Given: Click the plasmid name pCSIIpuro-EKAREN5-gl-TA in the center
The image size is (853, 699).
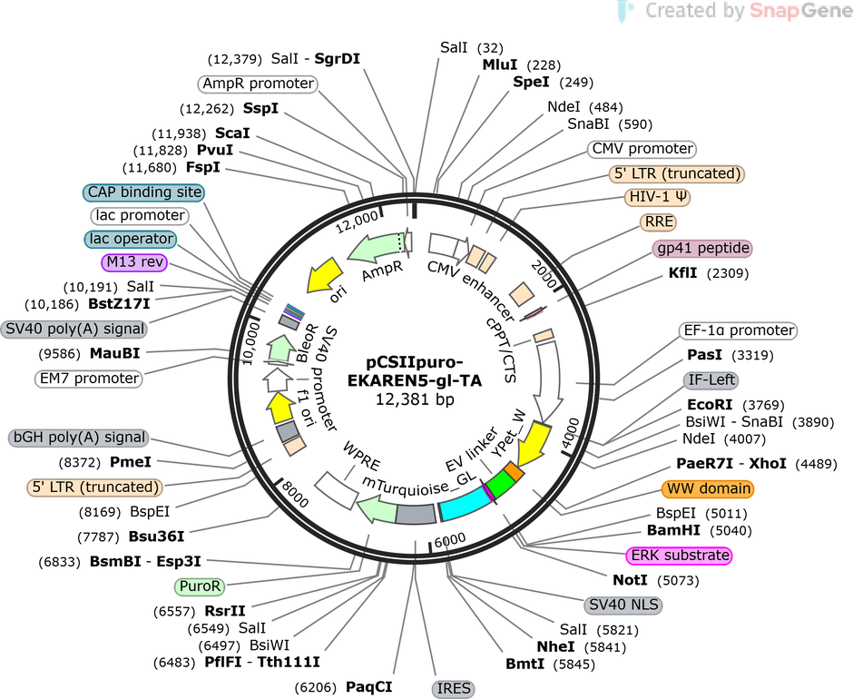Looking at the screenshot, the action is tap(415, 370).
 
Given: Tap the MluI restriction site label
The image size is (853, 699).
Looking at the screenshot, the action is tap(500, 64).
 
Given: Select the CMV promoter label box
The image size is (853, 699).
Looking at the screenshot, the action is tap(642, 149).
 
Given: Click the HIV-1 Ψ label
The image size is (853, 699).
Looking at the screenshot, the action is tap(657, 196).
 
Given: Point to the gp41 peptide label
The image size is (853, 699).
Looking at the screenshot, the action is tap(703, 248).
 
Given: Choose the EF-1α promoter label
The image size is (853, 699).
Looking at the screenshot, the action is tap(738, 330).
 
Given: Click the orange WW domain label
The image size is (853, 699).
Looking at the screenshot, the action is tap(708, 489).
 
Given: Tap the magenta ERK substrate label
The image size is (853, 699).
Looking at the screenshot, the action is tap(680, 556).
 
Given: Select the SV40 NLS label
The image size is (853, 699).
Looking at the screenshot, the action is tap(623, 605).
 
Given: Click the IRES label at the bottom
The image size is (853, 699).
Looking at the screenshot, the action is tap(453, 689).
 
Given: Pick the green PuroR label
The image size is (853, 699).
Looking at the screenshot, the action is tap(200, 586).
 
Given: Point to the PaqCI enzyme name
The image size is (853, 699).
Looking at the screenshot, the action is tap(368, 687).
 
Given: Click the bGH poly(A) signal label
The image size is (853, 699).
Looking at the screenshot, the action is tap(79, 438).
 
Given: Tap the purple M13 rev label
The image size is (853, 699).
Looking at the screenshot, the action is tap(134, 262).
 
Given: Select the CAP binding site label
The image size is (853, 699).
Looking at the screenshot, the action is tap(143, 192).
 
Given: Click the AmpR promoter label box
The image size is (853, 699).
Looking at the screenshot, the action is tap(258, 84).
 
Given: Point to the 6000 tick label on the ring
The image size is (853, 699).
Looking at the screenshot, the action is tap(450, 540).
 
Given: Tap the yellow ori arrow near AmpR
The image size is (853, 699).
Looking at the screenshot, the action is tap(325, 274).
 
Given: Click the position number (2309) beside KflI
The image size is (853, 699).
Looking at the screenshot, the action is tap(728, 273).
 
